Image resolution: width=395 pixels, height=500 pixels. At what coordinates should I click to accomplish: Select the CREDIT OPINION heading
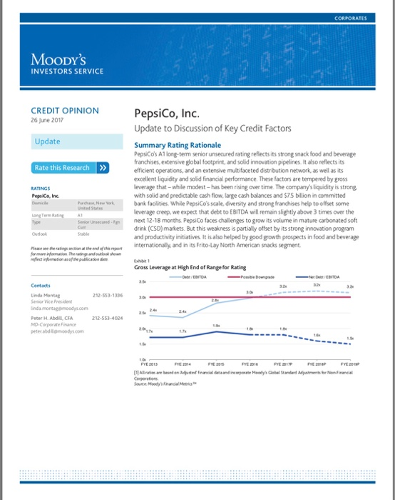[65, 111]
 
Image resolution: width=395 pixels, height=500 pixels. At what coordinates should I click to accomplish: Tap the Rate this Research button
[70, 168]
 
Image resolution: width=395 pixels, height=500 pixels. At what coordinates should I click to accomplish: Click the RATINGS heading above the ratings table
[42, 189]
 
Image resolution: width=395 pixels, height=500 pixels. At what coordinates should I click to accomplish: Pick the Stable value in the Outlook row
[83, 232]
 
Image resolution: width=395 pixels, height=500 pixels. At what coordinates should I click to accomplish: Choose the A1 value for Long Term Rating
[81, 213]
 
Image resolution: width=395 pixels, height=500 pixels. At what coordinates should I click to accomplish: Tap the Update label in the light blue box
[48, 141]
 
